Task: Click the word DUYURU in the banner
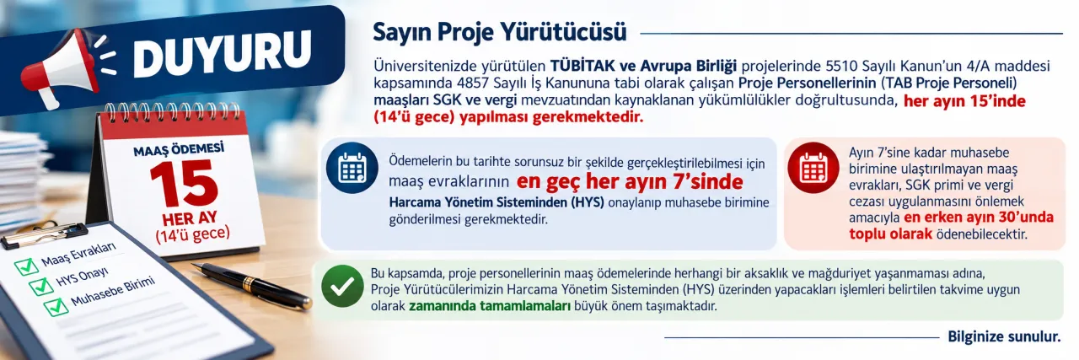pos(223,51)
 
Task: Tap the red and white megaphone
pos(62,69)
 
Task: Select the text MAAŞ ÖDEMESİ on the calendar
pos(179,149)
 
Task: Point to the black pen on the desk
pos(255,286)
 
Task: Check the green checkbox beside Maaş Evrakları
pos(26,265)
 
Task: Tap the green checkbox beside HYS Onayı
pos(42,285)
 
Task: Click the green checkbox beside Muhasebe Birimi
pos(56,306)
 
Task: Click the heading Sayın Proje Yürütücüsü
pos(500,33)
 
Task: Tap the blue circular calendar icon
pos(352,168)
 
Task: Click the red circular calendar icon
pos(813,168)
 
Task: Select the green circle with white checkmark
pos(342,287)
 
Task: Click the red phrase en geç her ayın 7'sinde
pos(630,182)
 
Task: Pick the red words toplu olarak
pos(891,234)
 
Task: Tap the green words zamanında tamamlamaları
pos(490,306)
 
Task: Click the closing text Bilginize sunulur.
pos(1004,337)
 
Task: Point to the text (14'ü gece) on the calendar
pos(193,234)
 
